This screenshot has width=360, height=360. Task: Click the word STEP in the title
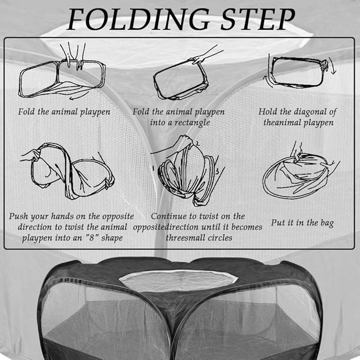point(258,20)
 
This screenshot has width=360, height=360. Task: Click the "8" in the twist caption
point(92,237)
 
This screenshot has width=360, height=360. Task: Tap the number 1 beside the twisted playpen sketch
point(153,168)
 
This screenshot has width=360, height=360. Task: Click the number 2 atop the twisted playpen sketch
point(198,143)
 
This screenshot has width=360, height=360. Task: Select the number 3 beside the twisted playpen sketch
point(217,171)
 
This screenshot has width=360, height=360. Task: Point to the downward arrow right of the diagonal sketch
point(332,66)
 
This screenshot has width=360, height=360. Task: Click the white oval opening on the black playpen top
point(179,280)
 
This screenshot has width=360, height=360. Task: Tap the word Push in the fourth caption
point(19,216)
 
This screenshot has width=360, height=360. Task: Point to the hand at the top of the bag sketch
point(297,152)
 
